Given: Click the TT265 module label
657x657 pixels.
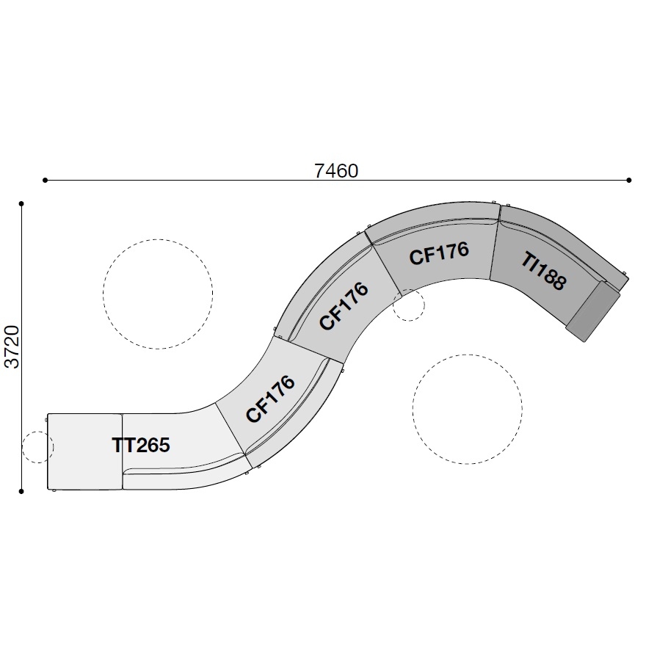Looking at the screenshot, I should coord(141,445).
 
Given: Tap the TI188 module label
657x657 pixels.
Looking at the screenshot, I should coord(545,271).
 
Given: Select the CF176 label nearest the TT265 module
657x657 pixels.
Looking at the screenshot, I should coord(270,399).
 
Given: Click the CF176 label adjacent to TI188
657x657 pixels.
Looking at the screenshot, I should coord(438,254).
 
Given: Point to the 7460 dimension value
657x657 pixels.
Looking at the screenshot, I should coord(336,170).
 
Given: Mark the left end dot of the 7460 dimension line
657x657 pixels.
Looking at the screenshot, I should coord(46,180).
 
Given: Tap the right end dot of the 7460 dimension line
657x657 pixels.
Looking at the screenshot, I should coord(629,180).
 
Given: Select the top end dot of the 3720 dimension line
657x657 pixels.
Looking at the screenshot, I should coord(22,203).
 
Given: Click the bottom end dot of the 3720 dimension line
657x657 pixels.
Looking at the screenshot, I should coord(22,491).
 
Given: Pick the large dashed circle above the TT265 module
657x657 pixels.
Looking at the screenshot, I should coord(158,294).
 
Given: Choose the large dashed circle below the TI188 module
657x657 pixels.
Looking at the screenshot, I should coord(467,409).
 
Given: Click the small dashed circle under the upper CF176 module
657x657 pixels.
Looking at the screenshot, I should coord(409,305).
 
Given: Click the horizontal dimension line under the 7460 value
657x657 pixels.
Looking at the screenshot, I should coord(220,180).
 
